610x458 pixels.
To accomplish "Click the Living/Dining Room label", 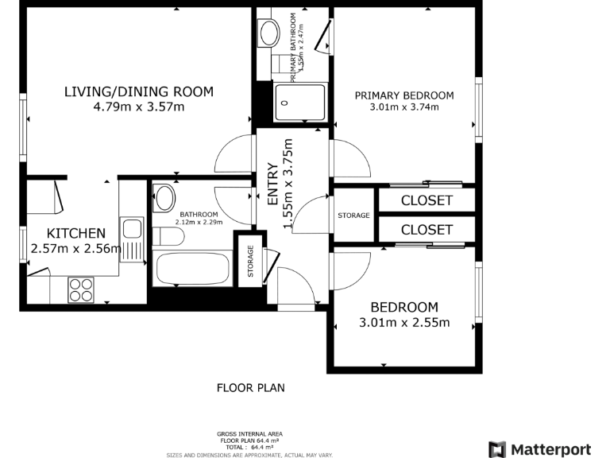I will (x=138, y=91).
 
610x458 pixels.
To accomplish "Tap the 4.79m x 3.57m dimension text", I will (x=138, y=107).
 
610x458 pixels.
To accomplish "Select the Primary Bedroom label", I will (x=404, y=95).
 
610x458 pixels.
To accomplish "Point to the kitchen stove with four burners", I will (x=80, y=288).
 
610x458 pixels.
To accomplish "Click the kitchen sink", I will (x=131, y=230).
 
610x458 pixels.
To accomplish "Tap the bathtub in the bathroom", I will (x=193, y=267).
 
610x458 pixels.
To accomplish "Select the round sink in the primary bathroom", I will (x=269, y=33).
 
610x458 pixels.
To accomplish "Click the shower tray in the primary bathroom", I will (x=299, y=101).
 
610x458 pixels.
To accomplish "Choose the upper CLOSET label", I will (x=427, y=200).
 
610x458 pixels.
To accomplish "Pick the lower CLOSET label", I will (x=427, y=230).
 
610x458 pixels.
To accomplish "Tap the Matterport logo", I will (x=539, y=449).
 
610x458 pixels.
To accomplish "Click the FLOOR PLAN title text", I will (x=250, y=388).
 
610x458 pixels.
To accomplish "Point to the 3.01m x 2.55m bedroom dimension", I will (x=404, y=323).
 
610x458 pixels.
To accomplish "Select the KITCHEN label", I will (x=76, y=233).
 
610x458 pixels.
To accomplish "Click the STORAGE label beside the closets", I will (x=353, y=215).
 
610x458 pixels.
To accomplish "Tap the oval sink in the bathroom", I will (x=165, y=197).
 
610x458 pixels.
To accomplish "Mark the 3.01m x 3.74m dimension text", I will (x=404, y=107).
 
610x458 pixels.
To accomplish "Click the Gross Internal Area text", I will (x=250, y=433).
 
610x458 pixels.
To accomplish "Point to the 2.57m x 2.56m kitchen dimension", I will (x=76, y=249).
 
